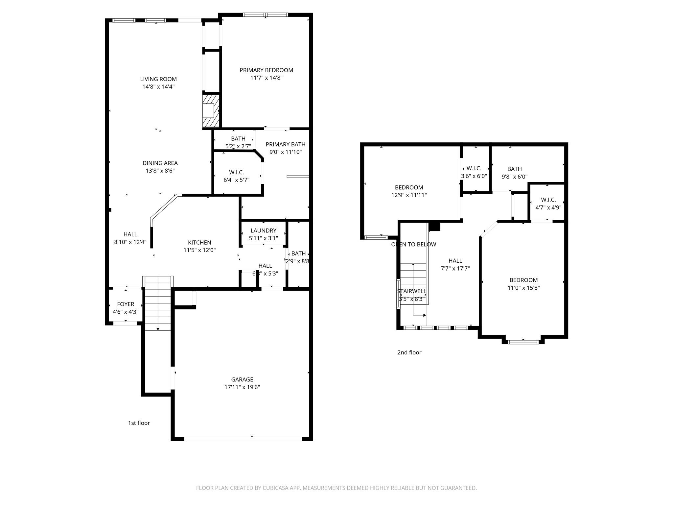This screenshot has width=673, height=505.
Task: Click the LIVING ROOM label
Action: [158, 79]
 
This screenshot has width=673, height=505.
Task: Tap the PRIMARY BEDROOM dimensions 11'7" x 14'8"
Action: [266, 78]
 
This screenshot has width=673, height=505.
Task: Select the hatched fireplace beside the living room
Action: [211, 111]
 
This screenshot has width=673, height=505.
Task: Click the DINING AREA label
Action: [160, 163]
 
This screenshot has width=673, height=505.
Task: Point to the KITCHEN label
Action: [199, 243]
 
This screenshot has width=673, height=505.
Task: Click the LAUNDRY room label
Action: [263, 231]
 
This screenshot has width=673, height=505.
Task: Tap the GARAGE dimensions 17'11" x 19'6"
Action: [242, 387]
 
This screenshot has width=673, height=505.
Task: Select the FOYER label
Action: [126, 304]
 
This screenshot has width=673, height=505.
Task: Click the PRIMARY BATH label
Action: [285, 144]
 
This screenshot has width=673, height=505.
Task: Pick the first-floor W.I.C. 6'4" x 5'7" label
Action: [236, 176]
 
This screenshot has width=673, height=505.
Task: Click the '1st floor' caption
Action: [139, 423]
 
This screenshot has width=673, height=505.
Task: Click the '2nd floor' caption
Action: [409, 352]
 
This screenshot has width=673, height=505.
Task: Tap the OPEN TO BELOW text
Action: [413, 245]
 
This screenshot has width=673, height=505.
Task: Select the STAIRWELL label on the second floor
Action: [411, 291]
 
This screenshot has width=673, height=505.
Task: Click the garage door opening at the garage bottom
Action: [243, 439]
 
